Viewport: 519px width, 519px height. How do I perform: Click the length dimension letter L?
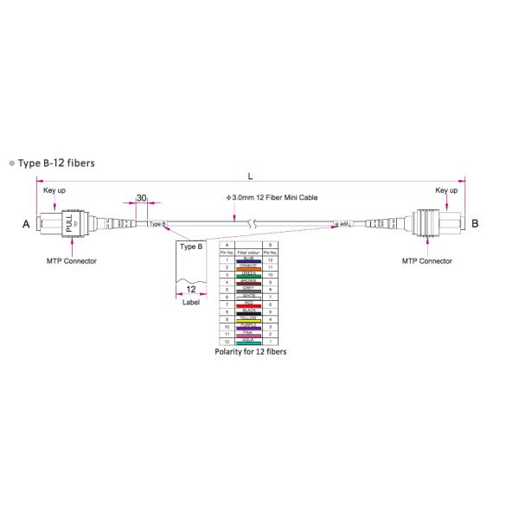[250, 176]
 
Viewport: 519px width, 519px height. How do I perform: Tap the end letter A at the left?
[26, 223]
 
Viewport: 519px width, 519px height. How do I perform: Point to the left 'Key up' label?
[54, 190]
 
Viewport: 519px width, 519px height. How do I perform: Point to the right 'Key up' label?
[446, 190]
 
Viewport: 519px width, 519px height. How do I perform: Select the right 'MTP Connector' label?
[427, 260]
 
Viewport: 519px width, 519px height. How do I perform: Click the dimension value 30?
[141, 198]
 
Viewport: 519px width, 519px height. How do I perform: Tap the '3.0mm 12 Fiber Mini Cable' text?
[272, 198]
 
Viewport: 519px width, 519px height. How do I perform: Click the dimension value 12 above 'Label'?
[191, 291]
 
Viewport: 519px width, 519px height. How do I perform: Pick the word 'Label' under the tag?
[191, 303]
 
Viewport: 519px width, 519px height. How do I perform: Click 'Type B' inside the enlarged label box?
[191, 247]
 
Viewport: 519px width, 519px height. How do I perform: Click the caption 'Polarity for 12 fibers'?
[250, 353]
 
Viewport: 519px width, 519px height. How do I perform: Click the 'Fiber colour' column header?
[249, 253]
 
